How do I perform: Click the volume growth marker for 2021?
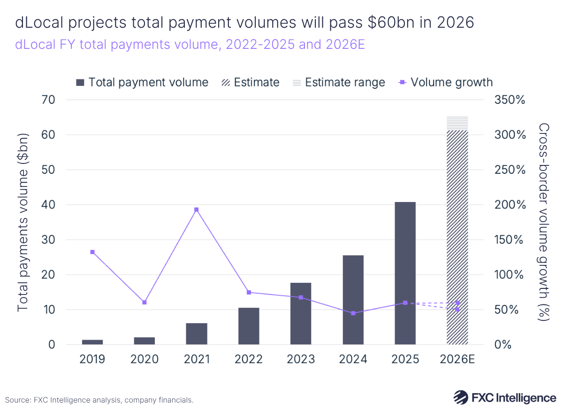tap(197, 209)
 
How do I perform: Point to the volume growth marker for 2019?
tap(92, 252)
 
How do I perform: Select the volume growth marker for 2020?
tap(145, 302)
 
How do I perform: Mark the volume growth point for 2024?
tap(353, 313)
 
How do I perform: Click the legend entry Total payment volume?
tap(142, 83)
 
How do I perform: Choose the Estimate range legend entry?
tap(338, 83)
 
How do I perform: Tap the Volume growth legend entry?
tap(445, 83)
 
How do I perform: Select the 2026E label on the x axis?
tap(457, 359)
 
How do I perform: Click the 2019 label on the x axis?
tap(92, 359)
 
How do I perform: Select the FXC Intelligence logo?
tap(505, 398)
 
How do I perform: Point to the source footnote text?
tap(99, 400)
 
